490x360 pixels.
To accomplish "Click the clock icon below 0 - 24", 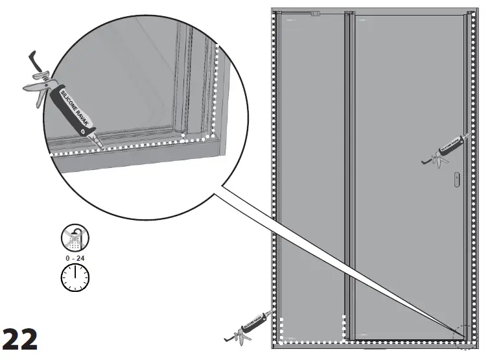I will [75, 277].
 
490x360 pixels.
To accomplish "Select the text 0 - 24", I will [75, 258].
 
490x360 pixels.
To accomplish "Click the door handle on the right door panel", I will [458, 179].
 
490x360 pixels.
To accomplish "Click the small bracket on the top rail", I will [316, 13].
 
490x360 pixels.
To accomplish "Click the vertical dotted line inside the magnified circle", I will [216, 91].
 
